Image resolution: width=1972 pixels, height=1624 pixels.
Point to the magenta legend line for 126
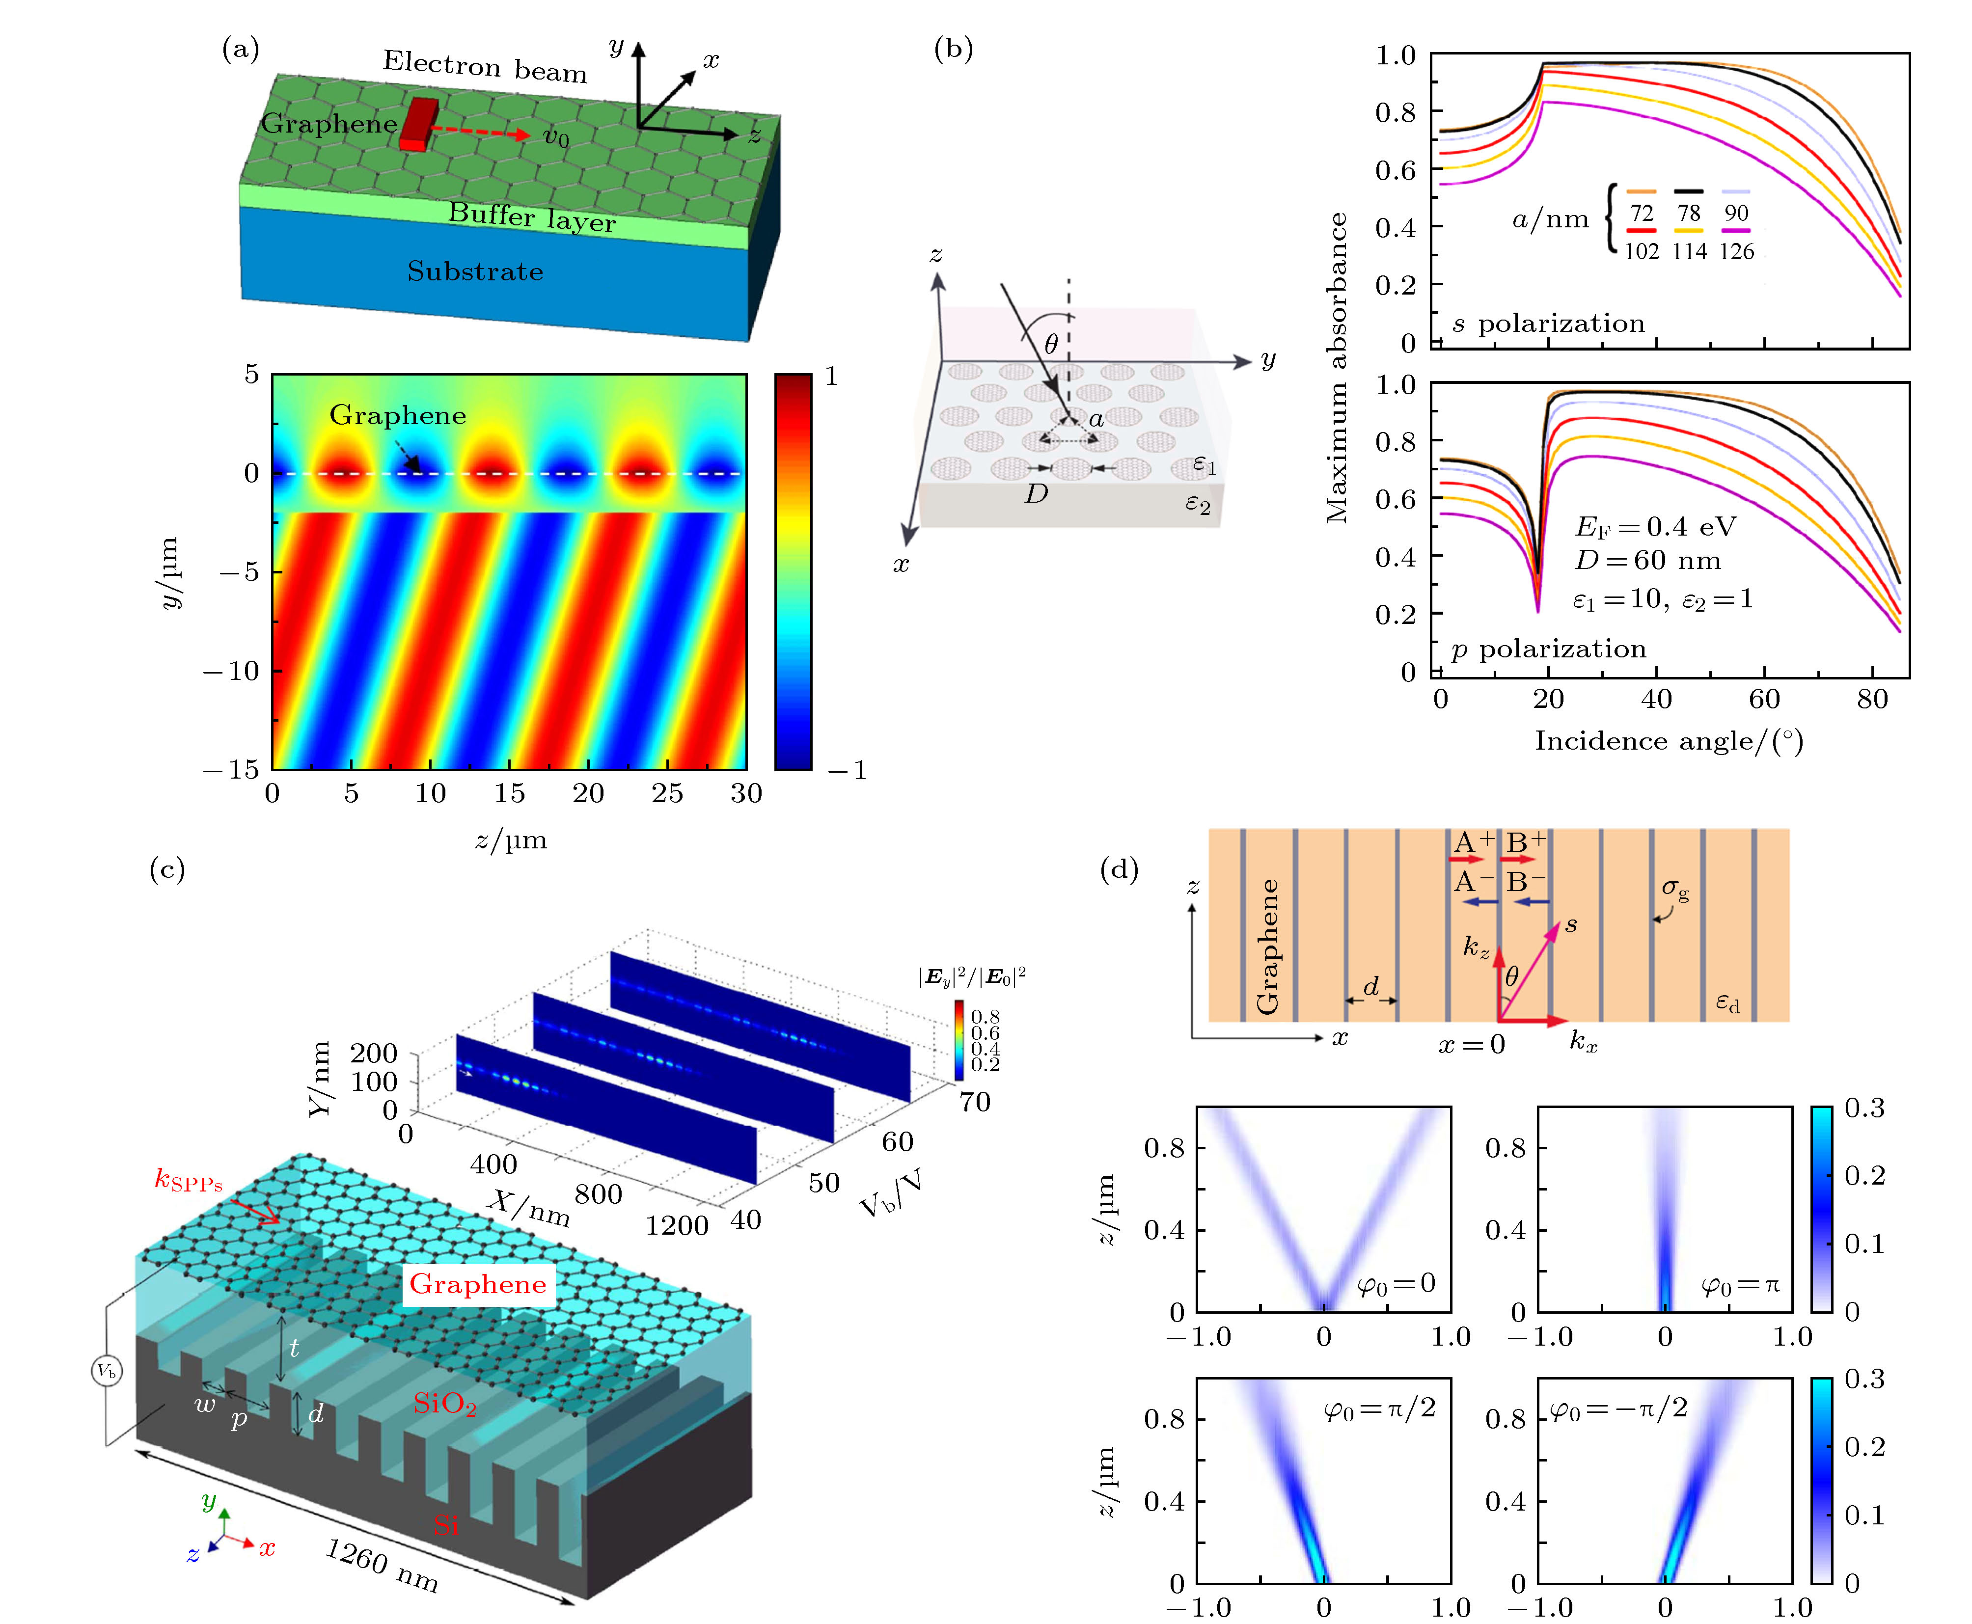coord(1735,230)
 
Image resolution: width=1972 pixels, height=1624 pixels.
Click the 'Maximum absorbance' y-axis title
coord(1337,368)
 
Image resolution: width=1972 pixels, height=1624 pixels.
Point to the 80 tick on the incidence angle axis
coord(1872,699)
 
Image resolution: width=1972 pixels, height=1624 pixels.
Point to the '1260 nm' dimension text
coord(382,1564)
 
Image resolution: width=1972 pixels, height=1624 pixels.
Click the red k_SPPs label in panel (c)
coord(188,1181)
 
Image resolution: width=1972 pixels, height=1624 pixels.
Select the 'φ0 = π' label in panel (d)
coord(1740,1285)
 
